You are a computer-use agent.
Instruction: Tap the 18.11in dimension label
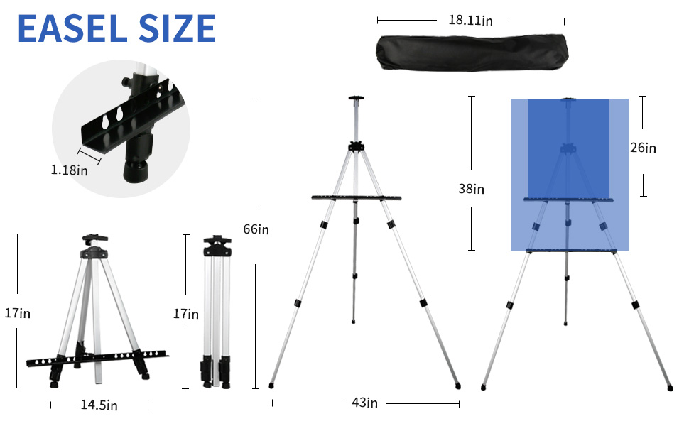(470, 21)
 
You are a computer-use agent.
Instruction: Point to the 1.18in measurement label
(70, 170)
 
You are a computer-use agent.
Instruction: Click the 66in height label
(256, 229)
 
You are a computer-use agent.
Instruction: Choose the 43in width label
(364, 403)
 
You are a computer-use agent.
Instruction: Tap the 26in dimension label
(643, 148)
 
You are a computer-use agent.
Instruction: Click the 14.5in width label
(99, 405)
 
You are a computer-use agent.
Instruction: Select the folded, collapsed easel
(217, 312)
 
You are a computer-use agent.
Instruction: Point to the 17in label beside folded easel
(186, 312)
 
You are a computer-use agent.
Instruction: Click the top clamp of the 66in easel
(356, 99)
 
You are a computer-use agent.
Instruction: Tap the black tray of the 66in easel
(356, 198)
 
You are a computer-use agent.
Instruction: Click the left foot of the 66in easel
(271, 386)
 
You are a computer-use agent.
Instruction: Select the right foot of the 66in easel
(457, 386)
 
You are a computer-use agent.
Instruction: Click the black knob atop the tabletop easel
(92, 238)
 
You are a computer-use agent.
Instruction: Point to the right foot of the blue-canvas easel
(669, 388)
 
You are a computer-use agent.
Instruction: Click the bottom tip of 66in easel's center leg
(354, 323)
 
